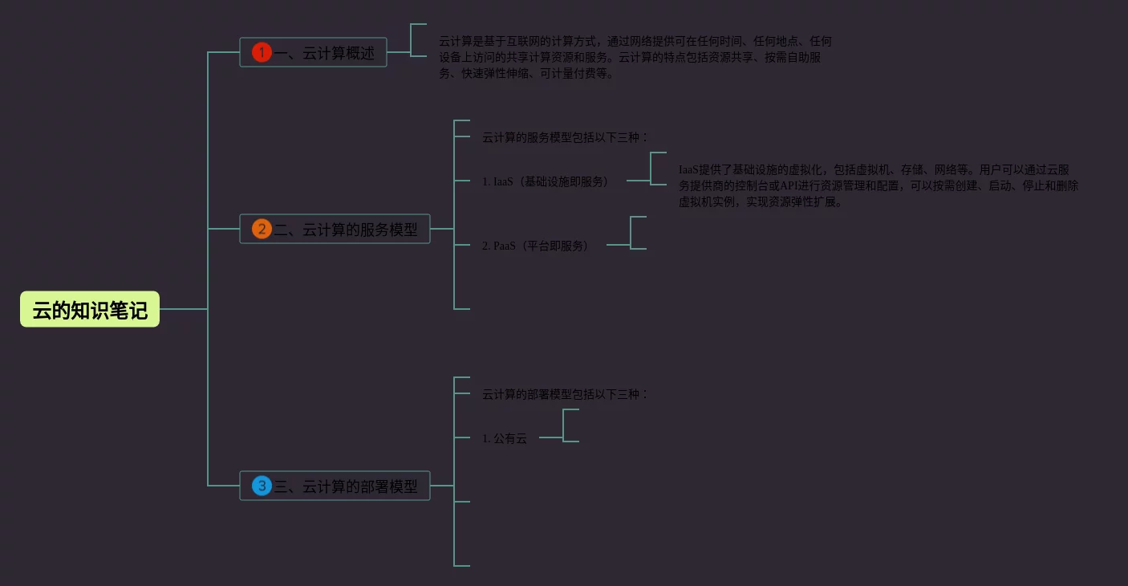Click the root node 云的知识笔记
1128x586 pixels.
tap(90, 310)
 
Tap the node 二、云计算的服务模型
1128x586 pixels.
tap(345, 230)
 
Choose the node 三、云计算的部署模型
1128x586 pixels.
tap(345, 486)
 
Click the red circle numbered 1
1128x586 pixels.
tap(262, 53)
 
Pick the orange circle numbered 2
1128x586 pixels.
tap(262, 230)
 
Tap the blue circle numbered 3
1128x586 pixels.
tap(262, 486)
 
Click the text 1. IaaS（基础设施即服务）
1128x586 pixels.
tap(545, 181)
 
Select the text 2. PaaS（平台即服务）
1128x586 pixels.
tap(535, 246)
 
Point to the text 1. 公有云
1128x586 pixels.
tap(505, 438)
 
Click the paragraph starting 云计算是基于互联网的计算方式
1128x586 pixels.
tap(635, 57)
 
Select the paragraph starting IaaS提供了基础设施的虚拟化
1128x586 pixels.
tap(878, 185)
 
